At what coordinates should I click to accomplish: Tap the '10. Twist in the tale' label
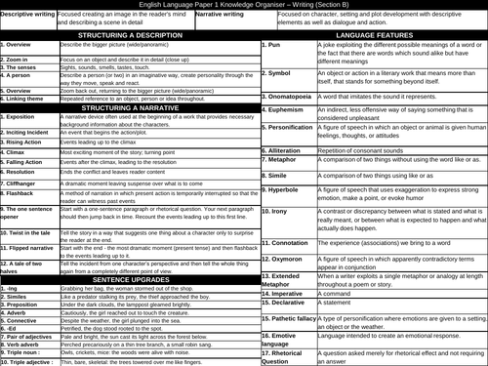tap(29, 236)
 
